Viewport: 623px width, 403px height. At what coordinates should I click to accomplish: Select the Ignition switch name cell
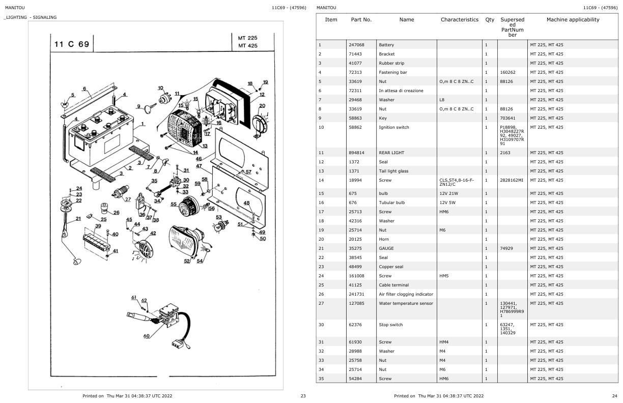(x=393, y=127)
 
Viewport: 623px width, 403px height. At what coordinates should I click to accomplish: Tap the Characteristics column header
(x=459, y=20)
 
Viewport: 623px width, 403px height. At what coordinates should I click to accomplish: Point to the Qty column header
(x=490, y=20)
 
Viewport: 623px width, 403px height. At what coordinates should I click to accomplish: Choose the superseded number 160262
(x=508, y=72)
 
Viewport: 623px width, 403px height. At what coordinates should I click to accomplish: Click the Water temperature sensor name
(x=406, y=303)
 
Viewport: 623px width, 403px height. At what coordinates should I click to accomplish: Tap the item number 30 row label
(x=320, y=325)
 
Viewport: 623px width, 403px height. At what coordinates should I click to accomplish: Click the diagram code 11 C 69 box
(x=72, y=44)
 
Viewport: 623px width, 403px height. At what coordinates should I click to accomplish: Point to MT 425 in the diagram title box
(x=247, y=46)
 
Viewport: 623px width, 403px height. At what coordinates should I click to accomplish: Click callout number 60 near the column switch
(x=147, y=336)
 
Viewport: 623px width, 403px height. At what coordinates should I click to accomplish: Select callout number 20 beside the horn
(x=262, y=106)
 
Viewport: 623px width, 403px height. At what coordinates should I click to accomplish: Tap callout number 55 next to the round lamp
(x=173, y=204)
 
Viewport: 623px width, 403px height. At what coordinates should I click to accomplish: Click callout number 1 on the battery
(x=143, y=124)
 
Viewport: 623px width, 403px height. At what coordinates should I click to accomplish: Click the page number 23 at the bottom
(x=303, y=396)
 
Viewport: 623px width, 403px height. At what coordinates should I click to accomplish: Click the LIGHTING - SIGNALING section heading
(x=31, y=17)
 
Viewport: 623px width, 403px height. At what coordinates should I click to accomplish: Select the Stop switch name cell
(x=390, y=325)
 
